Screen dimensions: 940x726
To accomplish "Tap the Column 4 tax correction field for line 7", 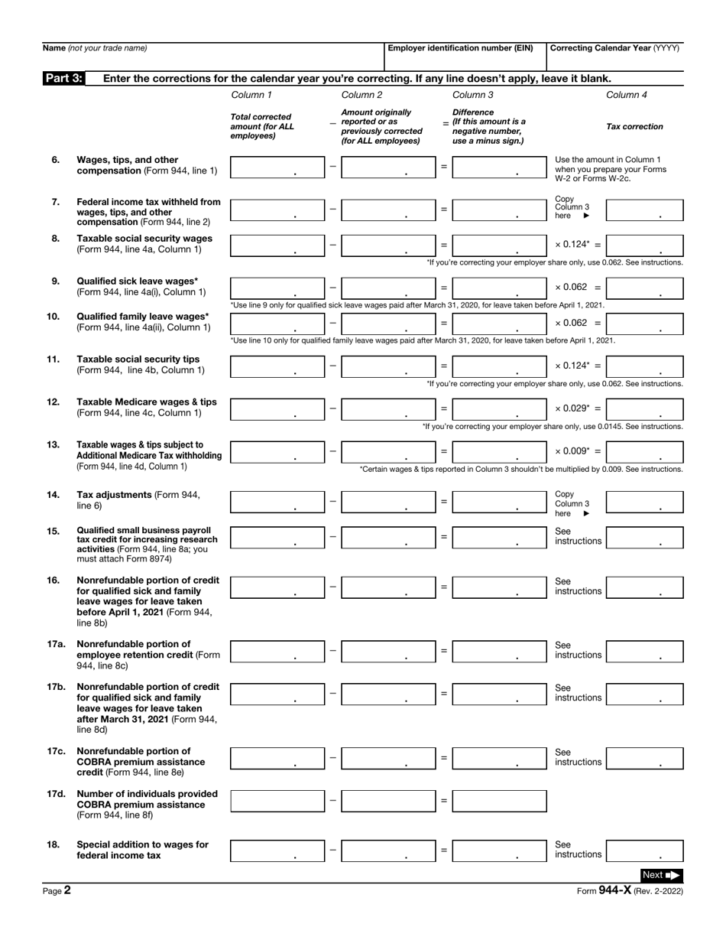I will click(x=644, y=210).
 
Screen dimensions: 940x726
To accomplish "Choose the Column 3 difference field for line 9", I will click(x=498, y=288).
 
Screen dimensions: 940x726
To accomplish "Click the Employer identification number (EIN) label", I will click(x=460, y=48).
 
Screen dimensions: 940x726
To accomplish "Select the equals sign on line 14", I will click(x=444, y=502).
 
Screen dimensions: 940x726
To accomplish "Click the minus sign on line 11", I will click(x=332, y=366).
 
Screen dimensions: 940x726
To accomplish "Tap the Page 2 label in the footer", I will click(x=57, y=890).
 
